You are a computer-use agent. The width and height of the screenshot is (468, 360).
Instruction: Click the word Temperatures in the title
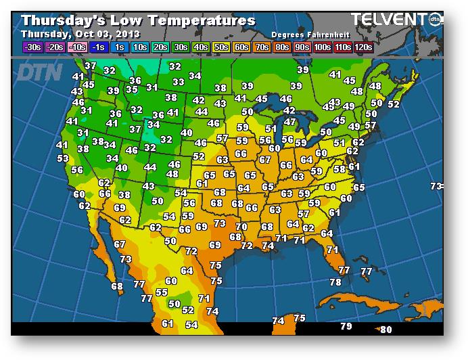pos(202,20)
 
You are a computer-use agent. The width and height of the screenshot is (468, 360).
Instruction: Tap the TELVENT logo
pos(392,20)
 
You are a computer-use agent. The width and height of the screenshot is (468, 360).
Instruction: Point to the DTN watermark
pos(40,72)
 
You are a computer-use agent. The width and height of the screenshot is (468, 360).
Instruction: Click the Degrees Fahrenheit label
pos(306,35)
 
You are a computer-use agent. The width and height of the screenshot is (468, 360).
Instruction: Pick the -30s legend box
pos(32,47)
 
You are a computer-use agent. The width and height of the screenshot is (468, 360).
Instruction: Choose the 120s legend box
pos(364,47)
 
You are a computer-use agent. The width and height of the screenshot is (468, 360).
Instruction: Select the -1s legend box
pos(99,47)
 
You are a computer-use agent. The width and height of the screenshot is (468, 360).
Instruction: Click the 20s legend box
pos(160,47)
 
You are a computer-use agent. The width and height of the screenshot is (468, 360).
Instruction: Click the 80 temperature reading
pos(386,330)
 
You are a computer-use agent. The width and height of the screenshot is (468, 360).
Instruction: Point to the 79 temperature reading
pos(346,327)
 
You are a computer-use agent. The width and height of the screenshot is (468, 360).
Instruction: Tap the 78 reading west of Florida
pos(335,282)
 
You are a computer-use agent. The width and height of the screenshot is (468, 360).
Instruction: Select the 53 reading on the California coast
pos(63,158)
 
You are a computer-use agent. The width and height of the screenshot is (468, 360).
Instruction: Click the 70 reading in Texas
pos(241,227)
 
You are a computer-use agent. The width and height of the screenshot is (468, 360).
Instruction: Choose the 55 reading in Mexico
pos(162,292)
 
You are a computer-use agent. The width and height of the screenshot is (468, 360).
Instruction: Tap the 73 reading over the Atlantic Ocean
pos(437,186)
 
